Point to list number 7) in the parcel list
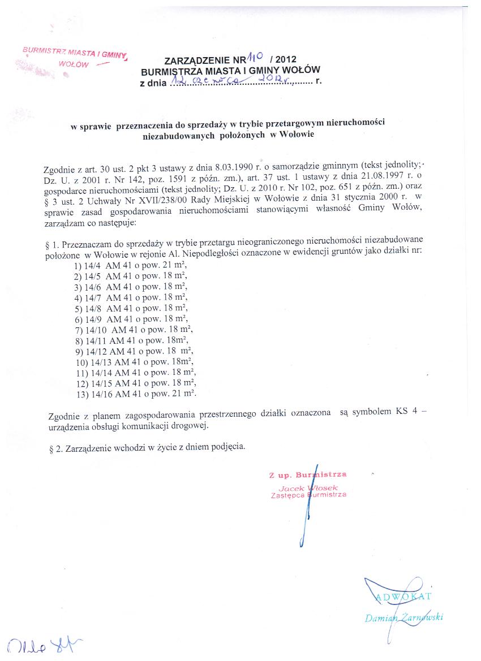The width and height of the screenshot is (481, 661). point(79,329)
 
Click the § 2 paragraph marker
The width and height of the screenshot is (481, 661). point(55,447)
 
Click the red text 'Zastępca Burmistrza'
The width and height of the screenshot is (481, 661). point(308,495)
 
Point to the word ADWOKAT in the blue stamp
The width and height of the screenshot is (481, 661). point(403,595)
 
